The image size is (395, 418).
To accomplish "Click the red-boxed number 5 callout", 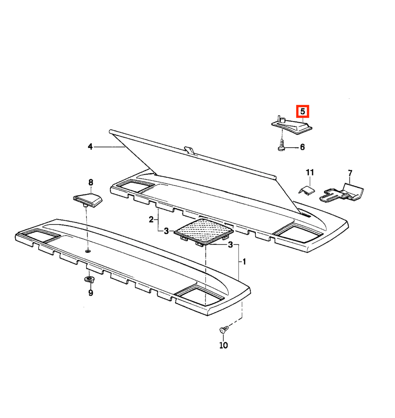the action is pos(302,111).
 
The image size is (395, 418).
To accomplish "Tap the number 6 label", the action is pos(302,147).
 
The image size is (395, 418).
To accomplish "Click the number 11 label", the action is pos(310,172).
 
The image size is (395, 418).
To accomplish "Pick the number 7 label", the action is pos(350,173).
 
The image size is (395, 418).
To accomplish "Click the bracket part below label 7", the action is pos(342,193).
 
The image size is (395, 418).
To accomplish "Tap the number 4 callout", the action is pos(90,147).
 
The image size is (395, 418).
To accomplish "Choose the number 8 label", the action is pos(91,183).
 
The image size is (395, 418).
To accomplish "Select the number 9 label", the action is pos(91,293).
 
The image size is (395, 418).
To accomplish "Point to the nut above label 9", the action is pos(89,280).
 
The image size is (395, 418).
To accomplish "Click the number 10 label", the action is pos(223,346).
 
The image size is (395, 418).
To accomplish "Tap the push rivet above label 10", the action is pos(223,330).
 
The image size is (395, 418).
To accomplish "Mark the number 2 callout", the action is pos(151,220).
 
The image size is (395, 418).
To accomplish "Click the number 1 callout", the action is pos(244,262).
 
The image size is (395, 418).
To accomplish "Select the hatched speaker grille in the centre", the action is pos(204,231).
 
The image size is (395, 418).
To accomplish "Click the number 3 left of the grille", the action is pos(166,231).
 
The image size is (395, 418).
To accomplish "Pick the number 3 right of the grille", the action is pos(230,245).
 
